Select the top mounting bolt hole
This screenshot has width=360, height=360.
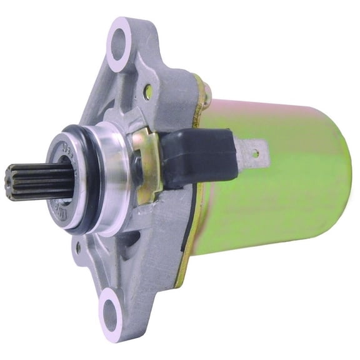(118, 46)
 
